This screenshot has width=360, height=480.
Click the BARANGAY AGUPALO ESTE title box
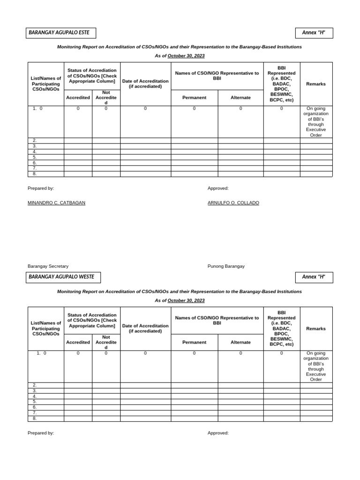[x=61, y=33]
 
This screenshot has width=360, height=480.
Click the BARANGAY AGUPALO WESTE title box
[x=64, y=277]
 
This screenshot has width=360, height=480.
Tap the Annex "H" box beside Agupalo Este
[x=314, y=33]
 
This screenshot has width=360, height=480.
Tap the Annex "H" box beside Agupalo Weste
[x=314, y=277]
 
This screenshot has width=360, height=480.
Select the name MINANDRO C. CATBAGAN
[x=57, y=203]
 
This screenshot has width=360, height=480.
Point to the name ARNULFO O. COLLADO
[x=233, y=203]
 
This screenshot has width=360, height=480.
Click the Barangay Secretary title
[x=48, y=266]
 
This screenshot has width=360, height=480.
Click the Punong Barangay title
[x=226, y=266]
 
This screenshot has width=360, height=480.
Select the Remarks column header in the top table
[x=316, y=84]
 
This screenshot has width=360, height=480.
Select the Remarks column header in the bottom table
[x=316, y=329]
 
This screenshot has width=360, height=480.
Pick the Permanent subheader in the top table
[x=194, y=97]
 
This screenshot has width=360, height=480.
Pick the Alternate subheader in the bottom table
[x=240, y=342]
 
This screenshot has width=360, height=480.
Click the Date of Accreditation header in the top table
[x=145, y=84]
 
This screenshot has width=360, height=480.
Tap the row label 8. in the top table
[x=35, y=174]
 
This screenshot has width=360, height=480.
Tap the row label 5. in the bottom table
[x=35, y=402]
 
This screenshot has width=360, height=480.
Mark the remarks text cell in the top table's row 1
[x=316, y=122]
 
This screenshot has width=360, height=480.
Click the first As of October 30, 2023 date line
[x=180, y=56]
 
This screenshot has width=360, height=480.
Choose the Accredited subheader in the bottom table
[x=78, y=342]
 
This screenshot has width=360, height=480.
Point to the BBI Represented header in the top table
[x=281, y=84]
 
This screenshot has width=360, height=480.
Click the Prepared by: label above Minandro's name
[x=41, y=188]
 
